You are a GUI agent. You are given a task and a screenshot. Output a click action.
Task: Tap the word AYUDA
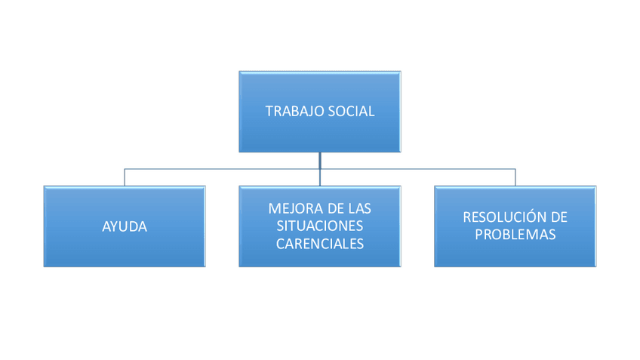click(125, 226)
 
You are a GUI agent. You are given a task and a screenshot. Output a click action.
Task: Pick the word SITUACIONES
click(320, 226)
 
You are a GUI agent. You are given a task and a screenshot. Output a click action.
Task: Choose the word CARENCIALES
click(320, 244)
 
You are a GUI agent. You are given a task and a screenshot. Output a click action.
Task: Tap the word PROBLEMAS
click(515, 235)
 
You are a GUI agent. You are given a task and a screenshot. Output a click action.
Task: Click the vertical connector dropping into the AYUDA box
click(125, 178)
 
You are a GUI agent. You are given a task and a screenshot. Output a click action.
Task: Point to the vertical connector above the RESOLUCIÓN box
click(515, 178)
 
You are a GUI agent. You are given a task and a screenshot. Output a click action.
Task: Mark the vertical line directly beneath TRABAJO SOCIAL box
click(320, 160)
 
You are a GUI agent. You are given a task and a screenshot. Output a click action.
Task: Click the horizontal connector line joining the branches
click(226, 170)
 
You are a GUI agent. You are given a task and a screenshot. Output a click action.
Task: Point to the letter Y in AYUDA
click(115, 226)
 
